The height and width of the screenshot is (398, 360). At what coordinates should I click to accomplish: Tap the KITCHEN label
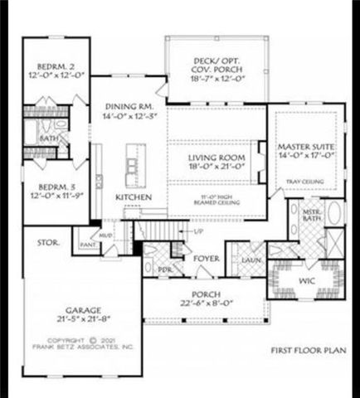pyautogui.click(x=133, y=197)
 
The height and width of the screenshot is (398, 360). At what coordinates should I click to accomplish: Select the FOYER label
pyautogui.click(x=206, y=259)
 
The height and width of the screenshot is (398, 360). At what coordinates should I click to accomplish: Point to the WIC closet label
pyautogui.click(x=307, y=281)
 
